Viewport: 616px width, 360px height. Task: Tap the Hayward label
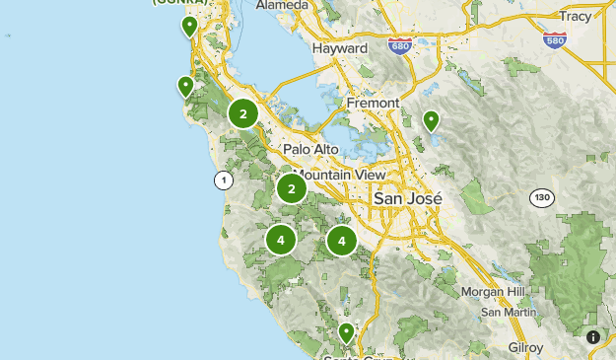tap(339, 48)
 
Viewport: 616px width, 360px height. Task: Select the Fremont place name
tap(373, 103)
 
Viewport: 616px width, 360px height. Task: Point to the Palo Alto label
tap(310, 149)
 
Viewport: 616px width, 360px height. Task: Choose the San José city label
tap(408, 198)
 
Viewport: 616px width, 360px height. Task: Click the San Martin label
tap(508, 312)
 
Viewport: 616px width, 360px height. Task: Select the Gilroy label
tap(525, 347)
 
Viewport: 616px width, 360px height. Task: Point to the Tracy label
tap(575, 16)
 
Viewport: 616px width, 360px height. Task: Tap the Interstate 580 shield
tap(555, 39)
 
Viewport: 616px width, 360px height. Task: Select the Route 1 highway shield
tap(224, 180)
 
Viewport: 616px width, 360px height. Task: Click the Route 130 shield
tap(540, 197)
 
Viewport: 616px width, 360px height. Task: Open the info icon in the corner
tap(593, 337)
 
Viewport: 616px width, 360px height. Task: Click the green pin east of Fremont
tap(431, 120)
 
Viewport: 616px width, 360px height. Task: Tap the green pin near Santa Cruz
tap(346, 332)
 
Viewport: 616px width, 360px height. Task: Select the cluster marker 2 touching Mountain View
tap(291, 187)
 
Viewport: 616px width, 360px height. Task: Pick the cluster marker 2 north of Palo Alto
tap(243, 114)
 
